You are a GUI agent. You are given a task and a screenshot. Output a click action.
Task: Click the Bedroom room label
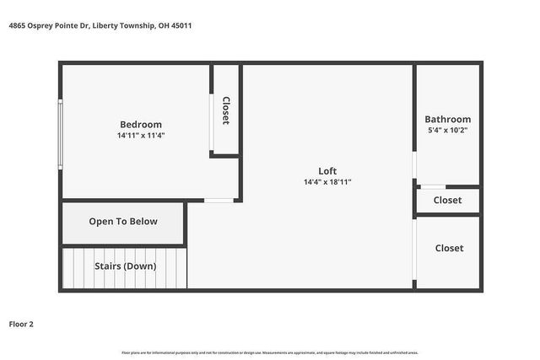[x=140, y=124]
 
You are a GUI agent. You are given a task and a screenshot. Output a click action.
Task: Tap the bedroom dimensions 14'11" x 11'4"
[x=140, y=135]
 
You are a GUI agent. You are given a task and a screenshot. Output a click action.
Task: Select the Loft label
[x=327, y=170]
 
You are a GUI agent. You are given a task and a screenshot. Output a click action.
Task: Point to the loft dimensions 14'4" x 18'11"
[x=327, y=181]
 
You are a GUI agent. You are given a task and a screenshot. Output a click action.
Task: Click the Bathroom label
[x=447, y=119]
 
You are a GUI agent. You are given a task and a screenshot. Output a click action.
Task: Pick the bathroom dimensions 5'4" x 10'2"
[x=447, y=131]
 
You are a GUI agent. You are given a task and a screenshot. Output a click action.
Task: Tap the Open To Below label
[x=123, y=222]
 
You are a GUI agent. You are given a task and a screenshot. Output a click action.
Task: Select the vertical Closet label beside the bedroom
[x=225, y=110]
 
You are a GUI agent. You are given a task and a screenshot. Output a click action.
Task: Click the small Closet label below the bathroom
[x=447, y=201]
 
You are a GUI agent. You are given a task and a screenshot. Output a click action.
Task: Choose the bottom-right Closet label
[x=448, y=248]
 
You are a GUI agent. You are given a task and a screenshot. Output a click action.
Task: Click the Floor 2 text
[x=21, y=323]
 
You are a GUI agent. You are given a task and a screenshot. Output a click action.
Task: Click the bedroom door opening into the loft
[x=219, y=201]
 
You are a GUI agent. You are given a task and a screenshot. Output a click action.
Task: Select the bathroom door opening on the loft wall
[x=414, y=165]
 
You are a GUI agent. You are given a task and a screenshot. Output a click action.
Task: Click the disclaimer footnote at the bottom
[x=270, y=352]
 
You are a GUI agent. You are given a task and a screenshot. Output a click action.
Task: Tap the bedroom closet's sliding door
[x=211, y=123]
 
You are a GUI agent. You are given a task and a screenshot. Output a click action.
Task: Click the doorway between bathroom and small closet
[x=432, y=186]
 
